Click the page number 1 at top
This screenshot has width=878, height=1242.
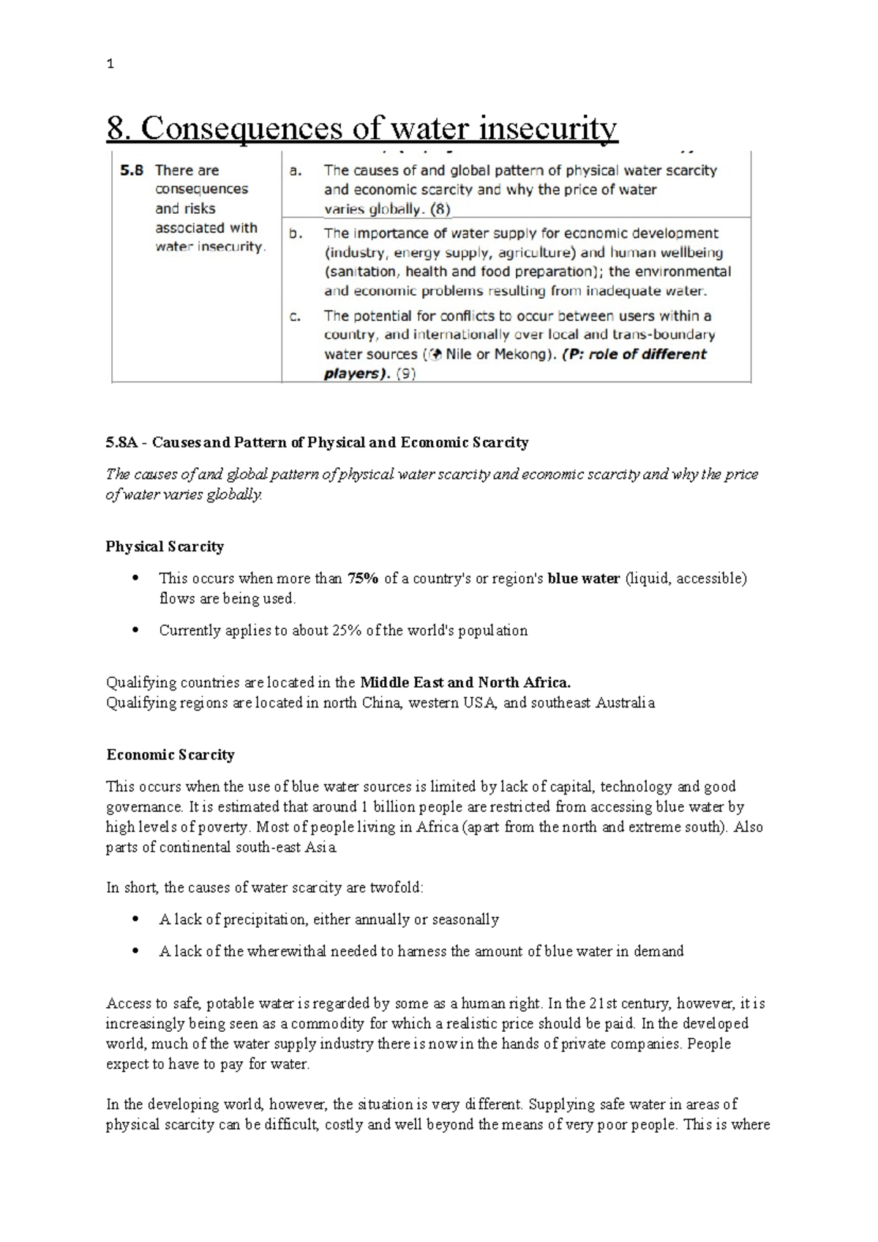[x=110, y=64]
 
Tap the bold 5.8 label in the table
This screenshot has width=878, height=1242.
[x=132, y=171]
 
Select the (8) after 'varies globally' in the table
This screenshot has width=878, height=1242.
[x=440, y=209]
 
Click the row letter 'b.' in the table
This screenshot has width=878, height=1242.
[x=295, y=234]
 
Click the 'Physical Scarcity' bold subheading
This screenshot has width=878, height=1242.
[x=165, y=546]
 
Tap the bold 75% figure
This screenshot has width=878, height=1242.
[x=363, y=579]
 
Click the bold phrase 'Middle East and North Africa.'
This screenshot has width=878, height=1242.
[x=465, y=683]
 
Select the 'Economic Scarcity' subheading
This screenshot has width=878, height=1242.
[x=170, y=755]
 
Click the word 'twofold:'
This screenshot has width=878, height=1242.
[x=396, y=888]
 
